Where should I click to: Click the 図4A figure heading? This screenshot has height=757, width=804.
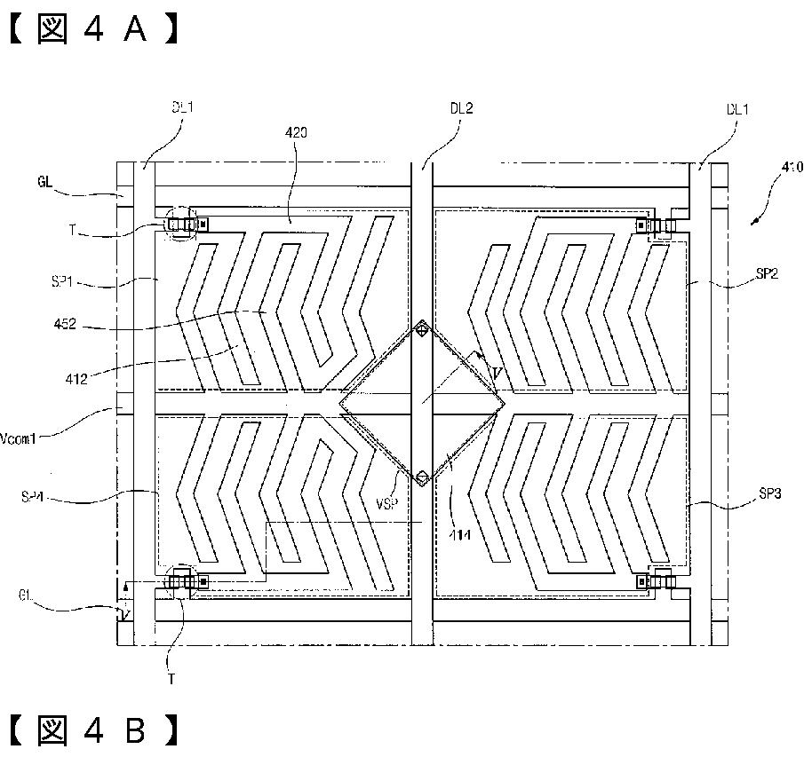coord(94,29)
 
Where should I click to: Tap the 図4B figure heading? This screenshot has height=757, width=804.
coord(94,729)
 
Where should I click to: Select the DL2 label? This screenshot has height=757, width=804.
coord(461,108)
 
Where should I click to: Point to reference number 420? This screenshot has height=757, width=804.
coord(297,132)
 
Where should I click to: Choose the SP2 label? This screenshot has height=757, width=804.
coord(767,275)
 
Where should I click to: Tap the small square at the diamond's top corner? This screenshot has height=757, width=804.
coord(423,331)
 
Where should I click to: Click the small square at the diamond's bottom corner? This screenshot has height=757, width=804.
coord(423,479)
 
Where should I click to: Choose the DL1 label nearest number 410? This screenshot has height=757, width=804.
coord(738,110)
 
